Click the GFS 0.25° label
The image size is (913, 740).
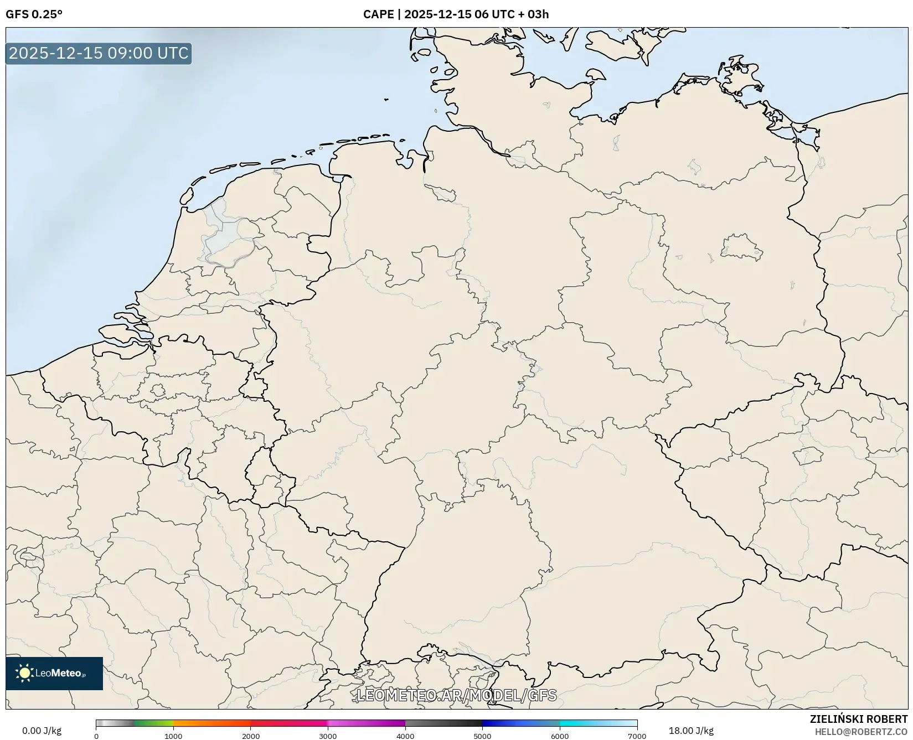coord(34,14)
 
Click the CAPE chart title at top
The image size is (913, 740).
coord(456,14)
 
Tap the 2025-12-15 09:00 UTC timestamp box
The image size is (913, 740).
coord(99,53)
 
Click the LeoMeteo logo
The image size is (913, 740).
coord(54,673)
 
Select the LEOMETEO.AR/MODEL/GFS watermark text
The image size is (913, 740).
coord(456,695)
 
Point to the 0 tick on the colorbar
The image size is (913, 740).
coord(96,736)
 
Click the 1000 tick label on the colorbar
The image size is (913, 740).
coord(173,736)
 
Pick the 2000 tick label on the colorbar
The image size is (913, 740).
coord(251,736)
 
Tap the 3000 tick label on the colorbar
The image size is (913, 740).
coord(328,736)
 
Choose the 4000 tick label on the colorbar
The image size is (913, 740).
coord(405,736)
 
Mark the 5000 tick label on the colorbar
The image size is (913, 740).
coord(482,736)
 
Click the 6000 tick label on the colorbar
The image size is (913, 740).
coord(560,736)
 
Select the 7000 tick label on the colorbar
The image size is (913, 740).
coord(637,736)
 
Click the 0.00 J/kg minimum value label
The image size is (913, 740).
coord(42,731)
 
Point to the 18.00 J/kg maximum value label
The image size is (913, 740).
coord(691,731)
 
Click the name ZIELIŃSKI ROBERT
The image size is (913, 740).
coord(859,720)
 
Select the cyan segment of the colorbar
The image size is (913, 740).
coord(587,723)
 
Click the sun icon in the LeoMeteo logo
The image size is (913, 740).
coord(24,673)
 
